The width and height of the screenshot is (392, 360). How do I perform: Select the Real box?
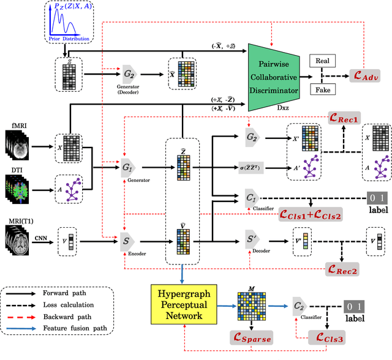[323, 61]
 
